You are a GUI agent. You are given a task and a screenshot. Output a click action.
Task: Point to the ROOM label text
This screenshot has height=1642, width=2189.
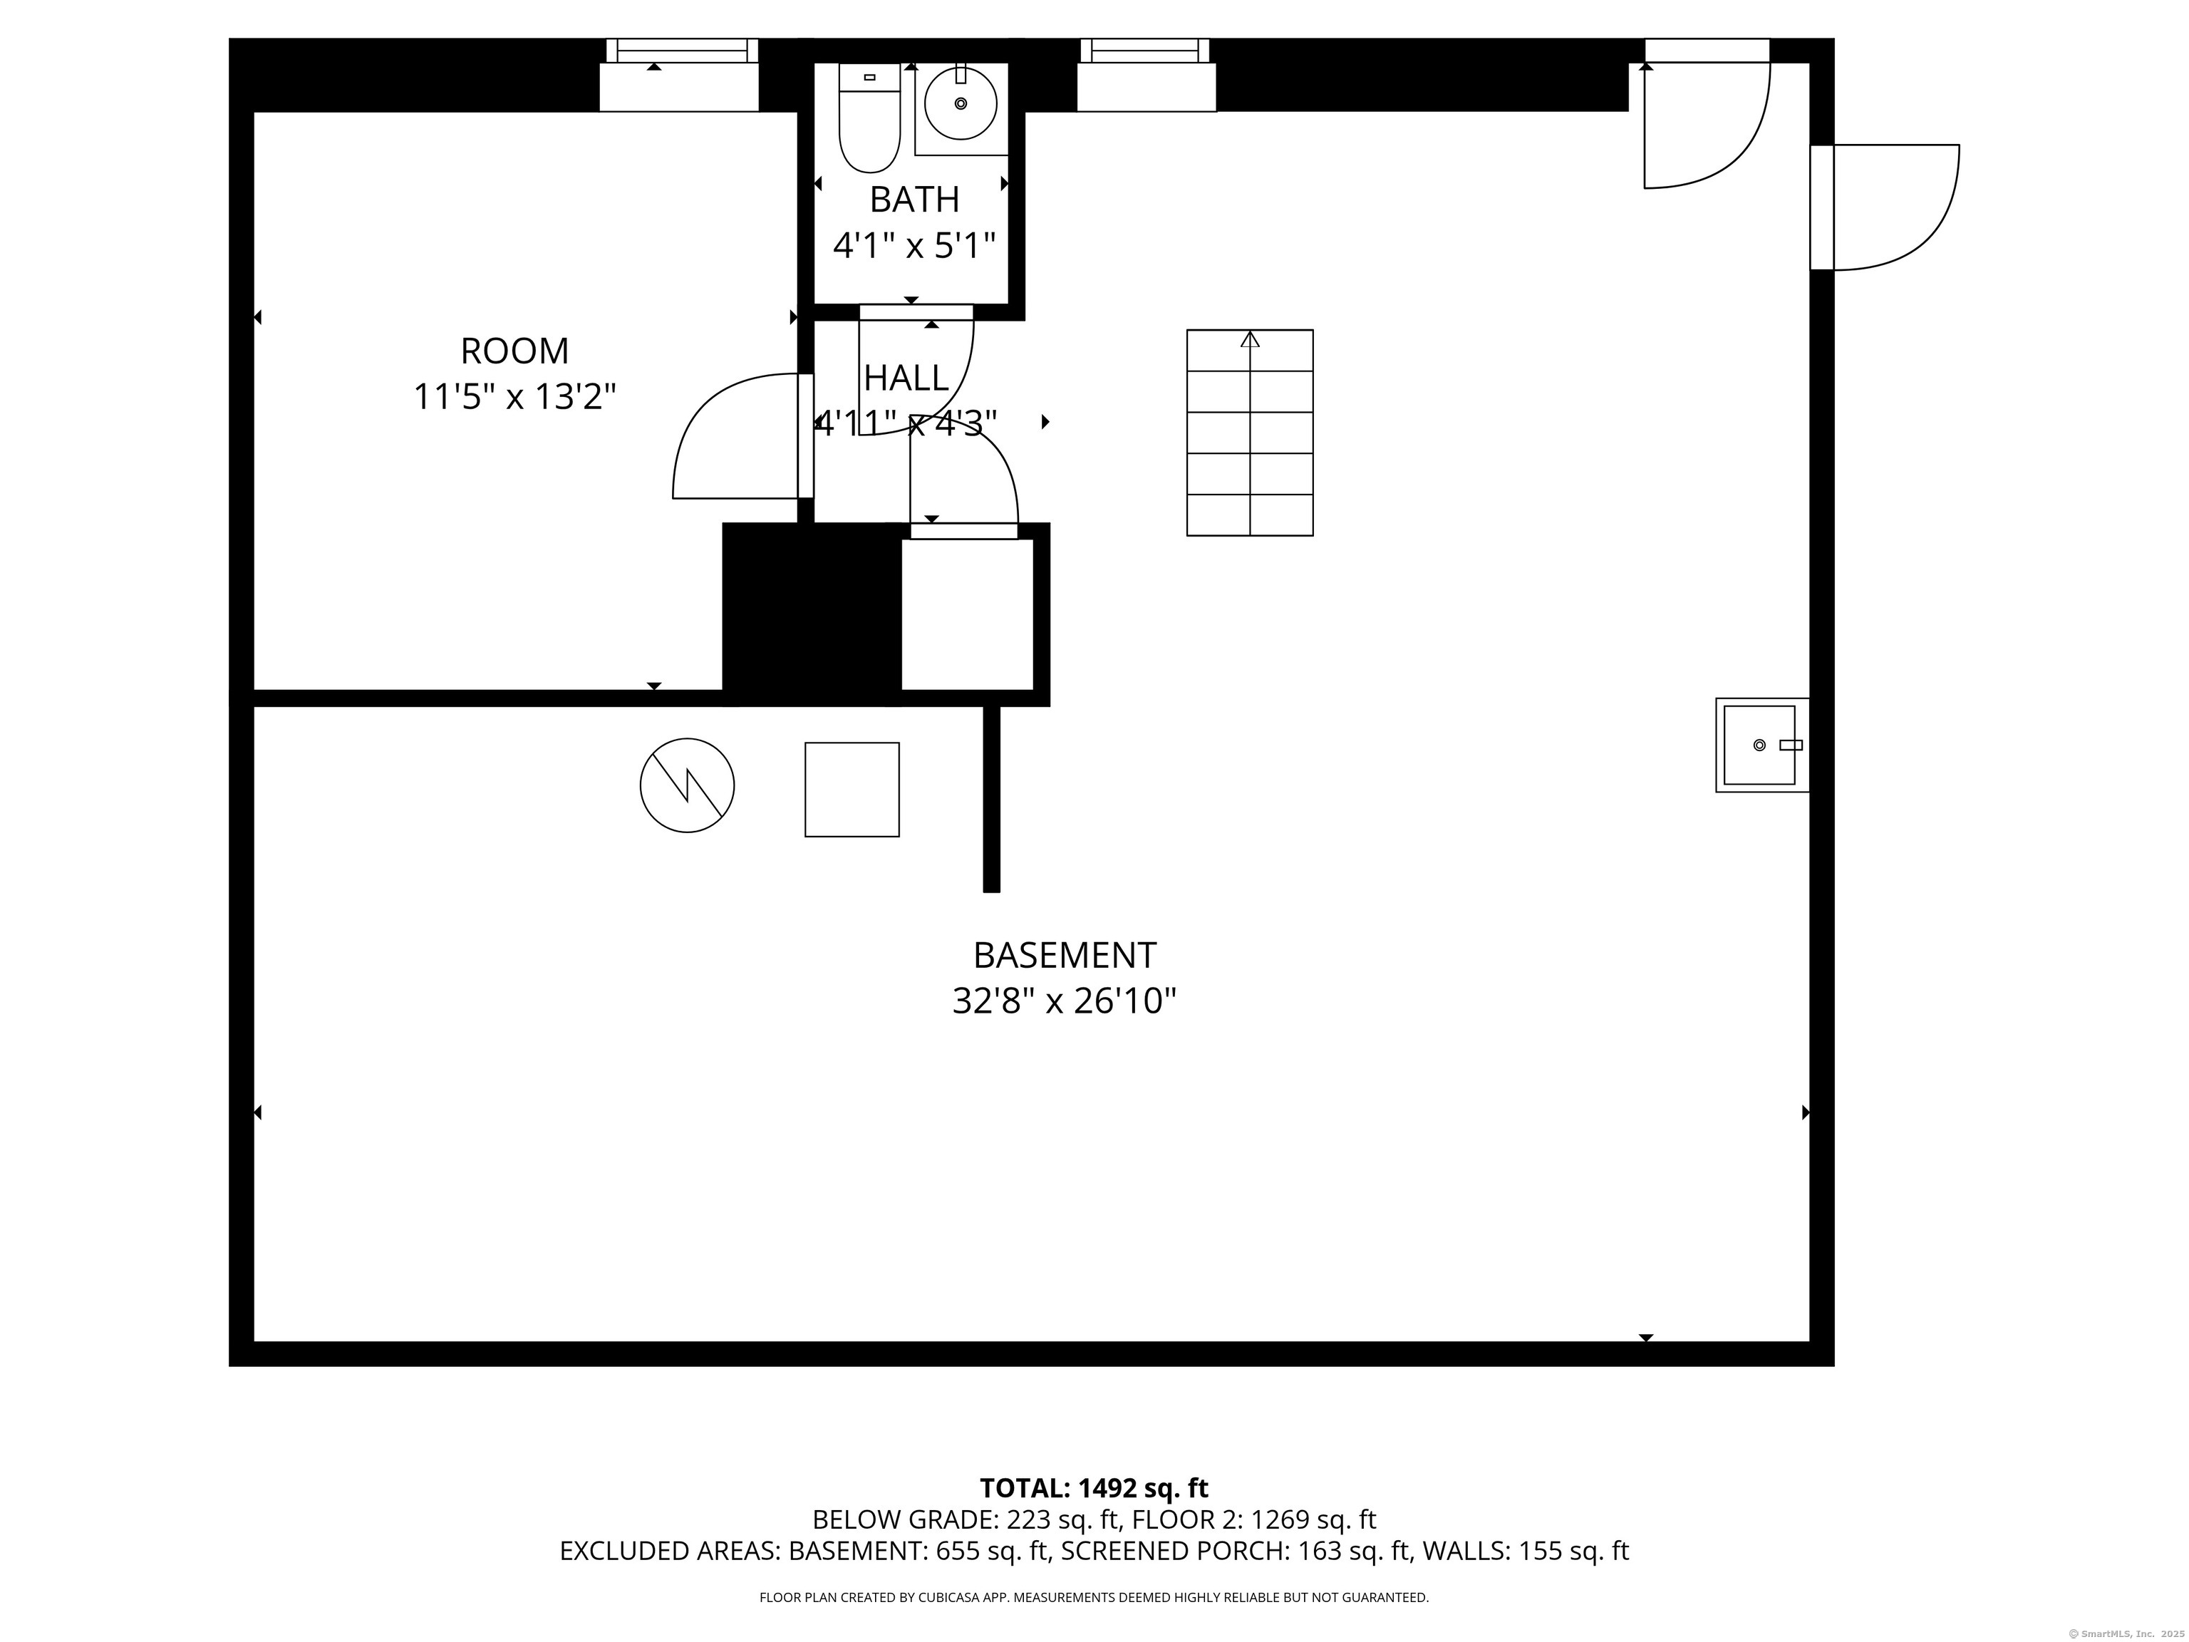514,351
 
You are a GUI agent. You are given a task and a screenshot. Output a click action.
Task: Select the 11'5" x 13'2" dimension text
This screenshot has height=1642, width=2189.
514,397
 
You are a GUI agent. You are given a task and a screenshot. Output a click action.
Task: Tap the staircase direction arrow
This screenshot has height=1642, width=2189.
1250,339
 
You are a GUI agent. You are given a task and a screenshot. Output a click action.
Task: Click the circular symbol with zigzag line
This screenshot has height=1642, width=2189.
687,785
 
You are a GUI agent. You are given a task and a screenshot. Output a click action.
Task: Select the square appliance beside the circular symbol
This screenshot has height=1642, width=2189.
852,789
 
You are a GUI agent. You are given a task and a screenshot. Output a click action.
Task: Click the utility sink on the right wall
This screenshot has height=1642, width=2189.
1761,744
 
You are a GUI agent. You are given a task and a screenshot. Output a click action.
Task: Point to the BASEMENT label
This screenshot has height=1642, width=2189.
1065,955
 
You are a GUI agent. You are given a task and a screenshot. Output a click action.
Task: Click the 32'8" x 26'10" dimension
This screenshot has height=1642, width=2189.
1065,1001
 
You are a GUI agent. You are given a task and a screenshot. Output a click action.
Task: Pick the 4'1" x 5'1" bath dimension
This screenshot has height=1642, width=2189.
914,244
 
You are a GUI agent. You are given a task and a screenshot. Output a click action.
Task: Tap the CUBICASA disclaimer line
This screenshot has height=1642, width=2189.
1094,1598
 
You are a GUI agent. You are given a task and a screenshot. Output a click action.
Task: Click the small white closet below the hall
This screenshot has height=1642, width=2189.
967,614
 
